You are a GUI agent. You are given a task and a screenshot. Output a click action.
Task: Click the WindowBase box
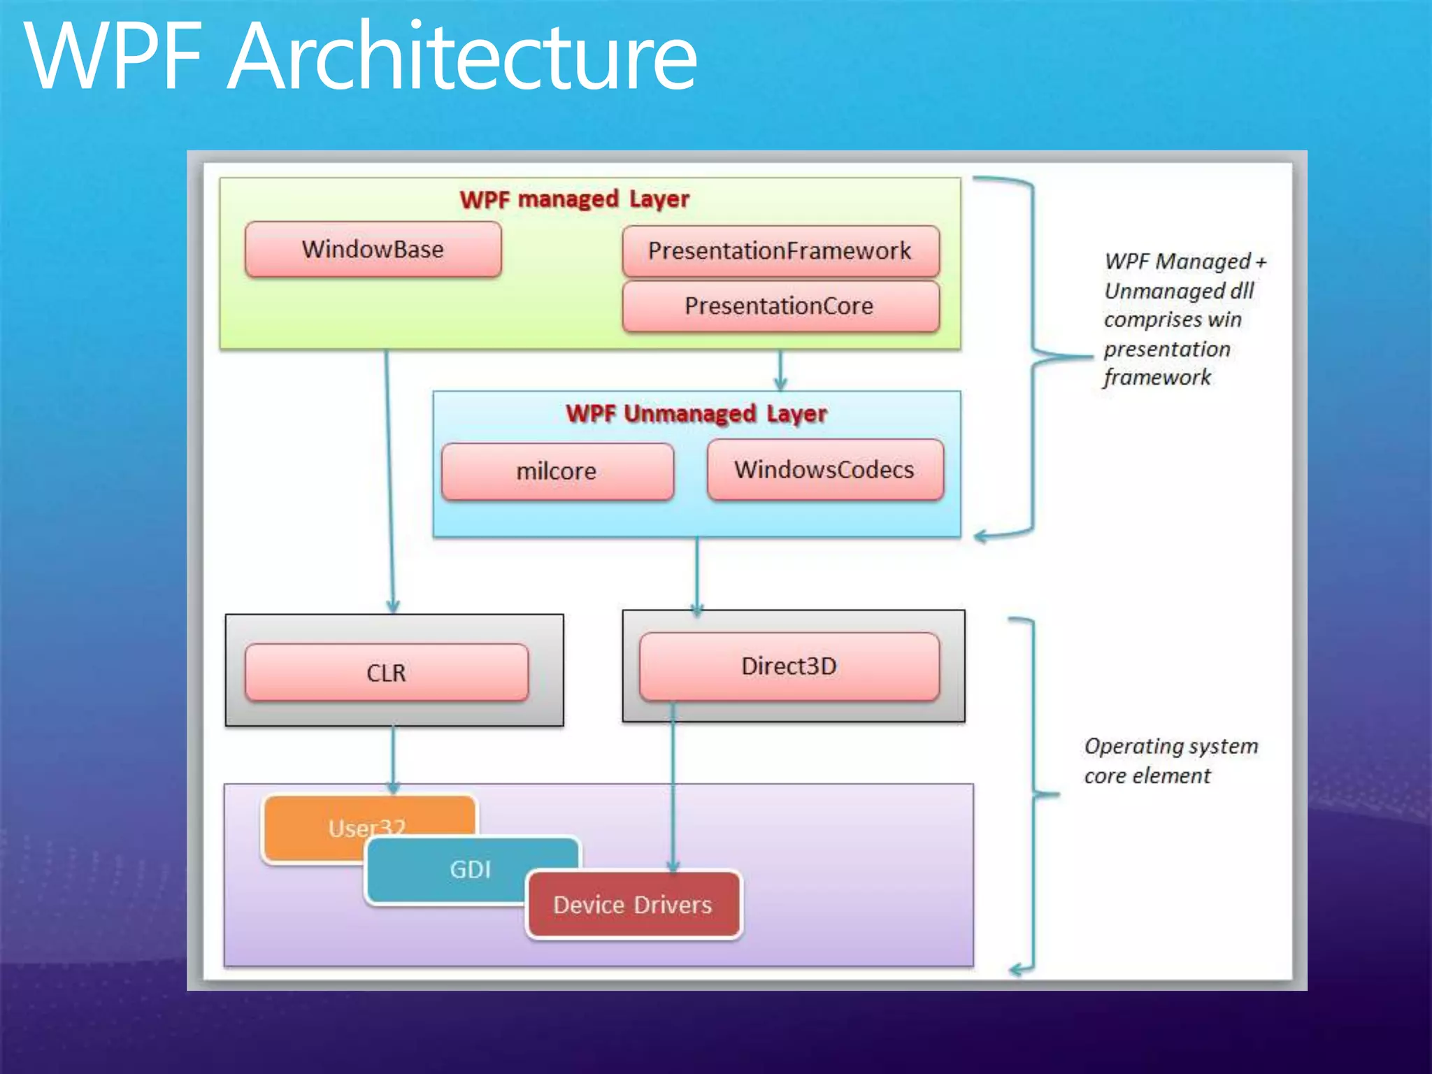373,250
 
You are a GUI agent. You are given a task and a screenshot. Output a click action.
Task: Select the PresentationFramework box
780,251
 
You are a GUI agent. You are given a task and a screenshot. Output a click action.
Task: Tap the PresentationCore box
780,306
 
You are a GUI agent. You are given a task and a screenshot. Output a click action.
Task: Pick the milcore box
557,471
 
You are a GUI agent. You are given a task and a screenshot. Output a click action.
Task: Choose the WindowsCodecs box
825,470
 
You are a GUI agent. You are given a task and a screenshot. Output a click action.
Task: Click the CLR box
387,673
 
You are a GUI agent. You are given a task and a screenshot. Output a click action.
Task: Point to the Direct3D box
789,666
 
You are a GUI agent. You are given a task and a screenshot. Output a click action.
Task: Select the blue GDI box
470,870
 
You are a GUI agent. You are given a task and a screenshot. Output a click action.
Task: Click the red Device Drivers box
633,905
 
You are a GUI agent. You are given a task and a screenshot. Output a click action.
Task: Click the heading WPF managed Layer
575,199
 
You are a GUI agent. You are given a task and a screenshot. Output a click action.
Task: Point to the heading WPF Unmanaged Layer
696,414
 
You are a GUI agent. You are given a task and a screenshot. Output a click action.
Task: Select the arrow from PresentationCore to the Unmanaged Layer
780,370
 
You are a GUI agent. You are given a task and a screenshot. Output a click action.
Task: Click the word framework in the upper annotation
1157,378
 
